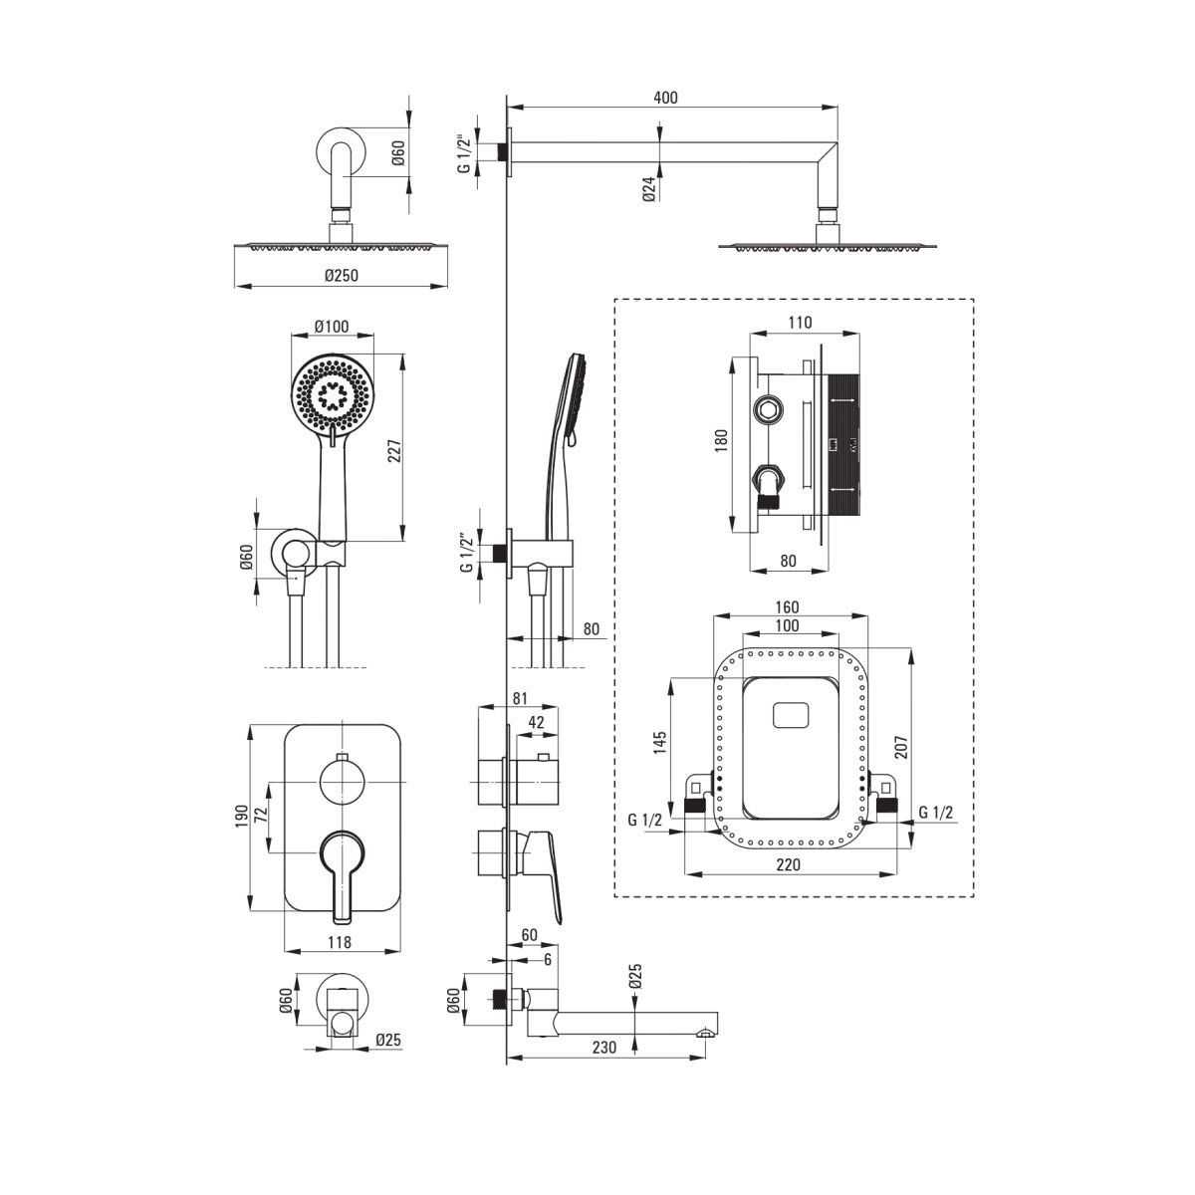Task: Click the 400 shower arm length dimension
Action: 665,97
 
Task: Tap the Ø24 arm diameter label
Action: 649,189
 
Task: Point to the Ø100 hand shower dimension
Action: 330,327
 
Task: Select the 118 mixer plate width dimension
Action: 340,942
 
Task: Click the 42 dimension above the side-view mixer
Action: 535,724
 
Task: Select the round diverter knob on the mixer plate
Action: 342,781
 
